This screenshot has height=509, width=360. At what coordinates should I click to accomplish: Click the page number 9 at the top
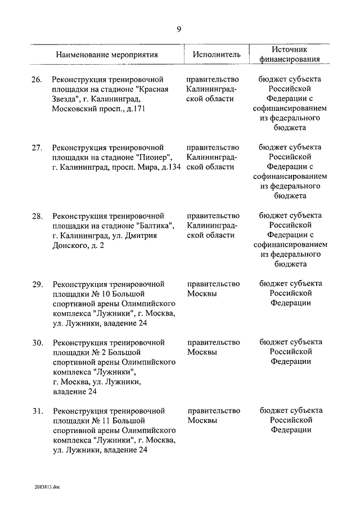[x=179, y=30]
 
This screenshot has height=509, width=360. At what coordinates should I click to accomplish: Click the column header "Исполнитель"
[x=217, y=55]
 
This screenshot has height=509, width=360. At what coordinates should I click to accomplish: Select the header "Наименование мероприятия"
[x=106, y=55]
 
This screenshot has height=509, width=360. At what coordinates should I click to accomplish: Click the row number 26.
[x=37, y=80]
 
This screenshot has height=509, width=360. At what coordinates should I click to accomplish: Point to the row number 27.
[x=37, y=148]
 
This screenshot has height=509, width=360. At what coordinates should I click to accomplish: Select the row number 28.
[x=37, y=216]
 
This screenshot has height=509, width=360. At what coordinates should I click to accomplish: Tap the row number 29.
[x=37, y=284]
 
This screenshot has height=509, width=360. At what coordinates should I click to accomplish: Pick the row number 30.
[x=37, y=342]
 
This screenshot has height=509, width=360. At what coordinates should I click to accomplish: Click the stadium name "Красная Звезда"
[x=121, y=94]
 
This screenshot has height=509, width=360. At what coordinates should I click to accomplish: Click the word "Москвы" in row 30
[x=202, y=352]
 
